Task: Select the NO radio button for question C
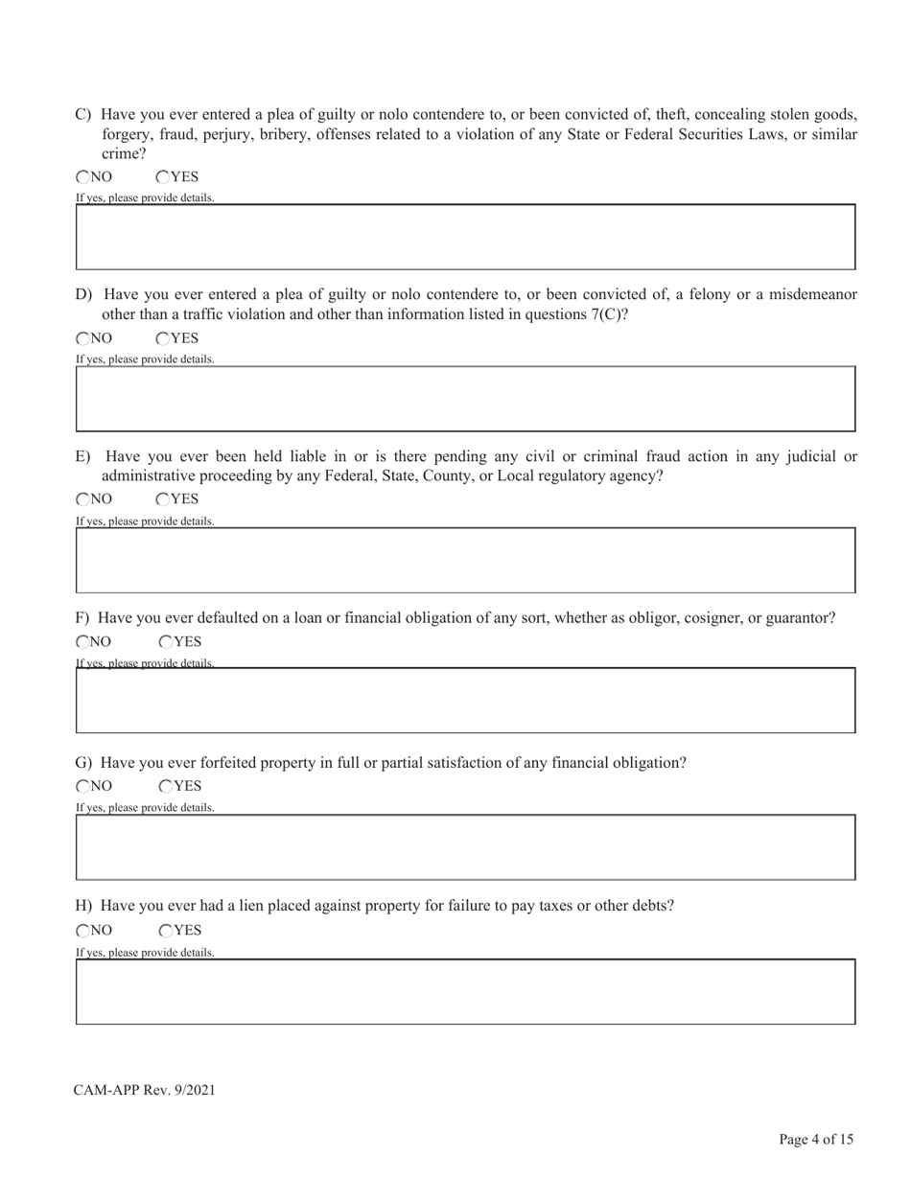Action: [x=82, y=176]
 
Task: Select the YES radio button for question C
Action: [x=163, y=176]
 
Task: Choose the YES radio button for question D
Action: [x=163, y=338]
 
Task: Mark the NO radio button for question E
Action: [x=82, y=499]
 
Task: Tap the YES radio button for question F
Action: [x=166, y=642]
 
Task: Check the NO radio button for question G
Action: [x=82, y=787]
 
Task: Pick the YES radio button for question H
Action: [x=166, y=931]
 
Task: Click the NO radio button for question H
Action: [x=82, y=931]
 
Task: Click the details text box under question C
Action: [x=465, y=237]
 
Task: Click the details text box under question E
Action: [x=465, y=560]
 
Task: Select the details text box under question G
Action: [x=465, y=847]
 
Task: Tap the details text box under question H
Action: [x=465, y=991]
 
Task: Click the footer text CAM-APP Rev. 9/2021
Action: [x=144, y=1090]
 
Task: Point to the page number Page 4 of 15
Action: [x=815, y=1140]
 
